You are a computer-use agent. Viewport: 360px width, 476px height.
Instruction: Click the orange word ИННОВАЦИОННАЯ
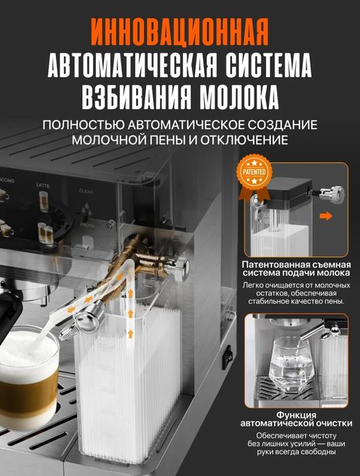click(180, 31)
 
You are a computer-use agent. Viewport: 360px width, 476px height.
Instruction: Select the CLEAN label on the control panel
click(86, 192)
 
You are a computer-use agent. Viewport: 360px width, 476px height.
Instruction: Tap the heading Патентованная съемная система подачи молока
click(295, 269)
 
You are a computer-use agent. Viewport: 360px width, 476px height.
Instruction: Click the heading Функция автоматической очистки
click(295, 418)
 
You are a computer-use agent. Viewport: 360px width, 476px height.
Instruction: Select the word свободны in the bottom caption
click(316, 452)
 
